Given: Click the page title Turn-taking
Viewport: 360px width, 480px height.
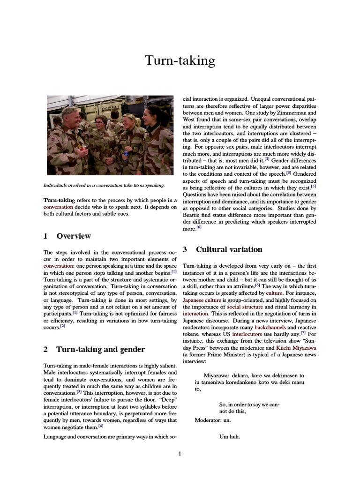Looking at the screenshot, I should tap(180, 61).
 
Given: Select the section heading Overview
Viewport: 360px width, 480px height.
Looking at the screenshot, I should tap(74, 236).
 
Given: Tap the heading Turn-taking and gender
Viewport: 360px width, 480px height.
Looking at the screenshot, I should tap(100, 349).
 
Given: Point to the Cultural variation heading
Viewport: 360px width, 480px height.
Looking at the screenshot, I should tap(229, 249).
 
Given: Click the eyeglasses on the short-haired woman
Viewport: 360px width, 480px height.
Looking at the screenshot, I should tap(100, 124).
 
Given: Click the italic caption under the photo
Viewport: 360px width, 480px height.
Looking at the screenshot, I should tap(104, 186).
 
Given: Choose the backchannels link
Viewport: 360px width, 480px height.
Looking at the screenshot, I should tap(270, 327).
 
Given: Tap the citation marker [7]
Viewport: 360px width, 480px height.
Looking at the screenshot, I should tap(303, 333).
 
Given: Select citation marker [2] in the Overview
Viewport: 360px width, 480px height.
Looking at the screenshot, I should tap(63, 326).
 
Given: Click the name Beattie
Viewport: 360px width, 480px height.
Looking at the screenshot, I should tap(194, 215).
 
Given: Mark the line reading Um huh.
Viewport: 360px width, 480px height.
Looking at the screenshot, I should tap(230, 437).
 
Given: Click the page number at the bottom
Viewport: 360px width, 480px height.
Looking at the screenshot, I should tap(180, 453).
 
